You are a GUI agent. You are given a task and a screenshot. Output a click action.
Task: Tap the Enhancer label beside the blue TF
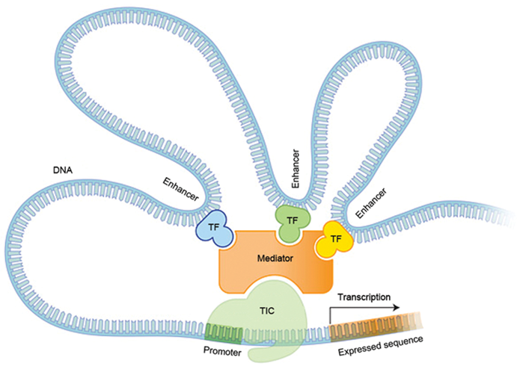click(x=180, y=190)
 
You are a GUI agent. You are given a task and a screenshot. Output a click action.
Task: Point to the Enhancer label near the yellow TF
click(x=372, y=202)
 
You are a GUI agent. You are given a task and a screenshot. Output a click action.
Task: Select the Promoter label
click(x=222, y=351)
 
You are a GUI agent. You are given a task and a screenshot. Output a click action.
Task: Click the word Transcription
click(x=364, y=297)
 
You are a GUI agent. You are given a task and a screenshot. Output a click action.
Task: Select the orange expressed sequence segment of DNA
click(x=367, y=325)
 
